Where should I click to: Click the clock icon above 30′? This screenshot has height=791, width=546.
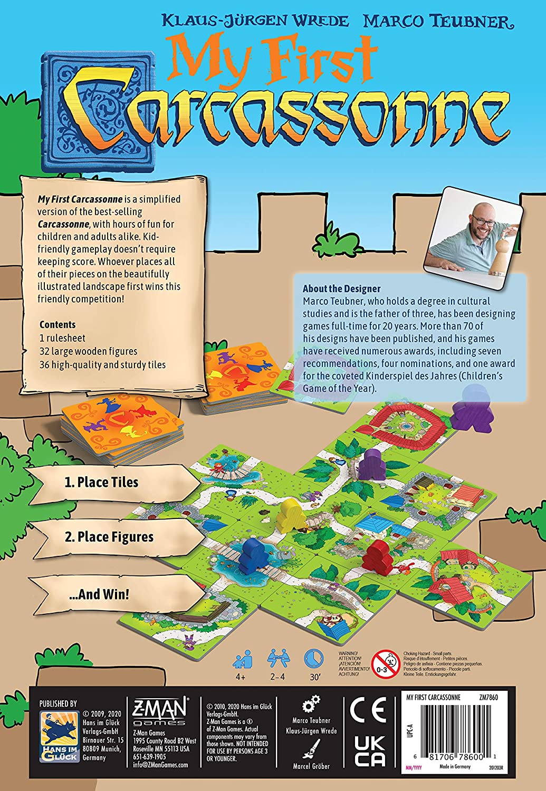coord(314,659)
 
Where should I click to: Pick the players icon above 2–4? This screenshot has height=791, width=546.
coord(277,659)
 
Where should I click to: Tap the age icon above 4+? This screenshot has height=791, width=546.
coord(243,659)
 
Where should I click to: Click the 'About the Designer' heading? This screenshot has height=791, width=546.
coord(341,288)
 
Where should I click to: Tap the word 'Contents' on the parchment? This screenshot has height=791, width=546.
coord(58,324)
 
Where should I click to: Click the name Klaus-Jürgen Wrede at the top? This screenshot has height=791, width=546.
coord(255,21)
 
